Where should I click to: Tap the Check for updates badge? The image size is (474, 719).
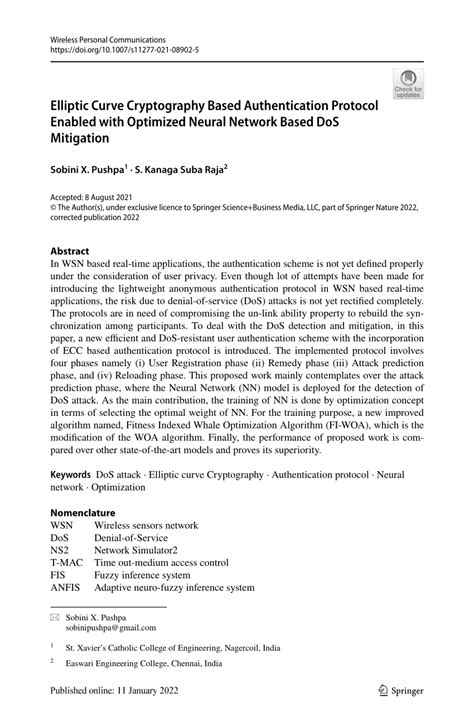point(407,85)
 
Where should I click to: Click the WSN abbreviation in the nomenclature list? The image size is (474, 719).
point(62,525)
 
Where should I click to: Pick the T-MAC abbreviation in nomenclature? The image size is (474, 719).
point(66,563)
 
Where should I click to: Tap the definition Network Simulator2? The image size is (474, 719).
point(147,550)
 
